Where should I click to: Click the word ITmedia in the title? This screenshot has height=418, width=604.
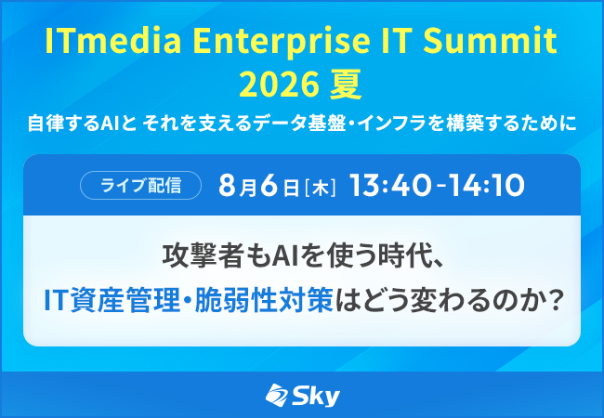pos(113,40)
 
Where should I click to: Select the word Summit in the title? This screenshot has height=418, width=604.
pos(490,40)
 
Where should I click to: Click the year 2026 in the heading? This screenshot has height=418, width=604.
pos(280,85)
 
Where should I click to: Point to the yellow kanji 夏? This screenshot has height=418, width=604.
pos(346,85)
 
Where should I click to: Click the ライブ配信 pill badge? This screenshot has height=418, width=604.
pos(140,185)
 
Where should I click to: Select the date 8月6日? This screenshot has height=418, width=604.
pos(258,186)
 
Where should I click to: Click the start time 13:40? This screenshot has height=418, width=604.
pos(390,186)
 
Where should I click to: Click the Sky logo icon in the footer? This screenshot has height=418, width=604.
pos(276,395)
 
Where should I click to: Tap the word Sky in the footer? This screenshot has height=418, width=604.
pos(316,396)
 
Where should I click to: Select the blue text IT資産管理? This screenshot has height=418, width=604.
pos(112,300)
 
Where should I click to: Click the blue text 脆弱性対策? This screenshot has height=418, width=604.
pos(264,300)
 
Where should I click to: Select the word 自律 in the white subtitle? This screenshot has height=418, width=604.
pos(44,124)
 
